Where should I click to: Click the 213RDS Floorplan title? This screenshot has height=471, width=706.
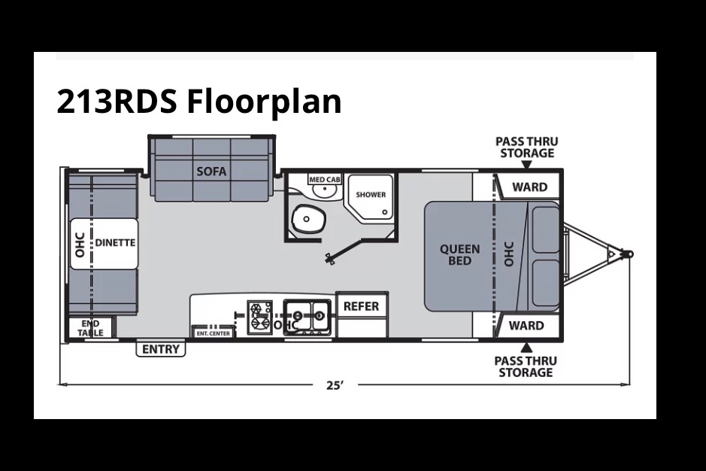click(199, 102)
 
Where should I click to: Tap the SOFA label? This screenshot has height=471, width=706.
click(211, 172)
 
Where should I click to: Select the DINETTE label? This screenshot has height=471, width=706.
click(115, 242)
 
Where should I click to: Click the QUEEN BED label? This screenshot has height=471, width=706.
click(459, 254)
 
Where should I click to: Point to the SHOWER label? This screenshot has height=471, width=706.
click(371, 195)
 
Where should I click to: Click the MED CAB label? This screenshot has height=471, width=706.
click(325, 179)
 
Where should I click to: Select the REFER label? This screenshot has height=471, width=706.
click(361, 306)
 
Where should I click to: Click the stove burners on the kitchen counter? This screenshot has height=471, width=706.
click(260, 318)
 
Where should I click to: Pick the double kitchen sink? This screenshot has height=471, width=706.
click(307, 317)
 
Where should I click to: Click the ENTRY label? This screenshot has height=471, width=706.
click(161, 349)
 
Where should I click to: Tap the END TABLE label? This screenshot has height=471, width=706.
click(90, 328)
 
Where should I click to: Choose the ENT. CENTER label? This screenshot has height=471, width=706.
click(213, 333)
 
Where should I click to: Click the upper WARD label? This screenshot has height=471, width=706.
click(529, 187)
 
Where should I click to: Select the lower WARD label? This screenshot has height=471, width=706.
click(526, 326)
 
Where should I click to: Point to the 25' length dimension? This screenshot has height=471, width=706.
click(335, 385)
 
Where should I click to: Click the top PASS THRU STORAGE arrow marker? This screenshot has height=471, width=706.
click(526, 165)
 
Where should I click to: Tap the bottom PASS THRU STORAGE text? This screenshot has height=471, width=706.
click(526, 366)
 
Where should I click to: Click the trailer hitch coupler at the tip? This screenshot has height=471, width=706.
click(629, 254)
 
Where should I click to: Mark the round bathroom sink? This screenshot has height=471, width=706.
click(325, 191)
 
